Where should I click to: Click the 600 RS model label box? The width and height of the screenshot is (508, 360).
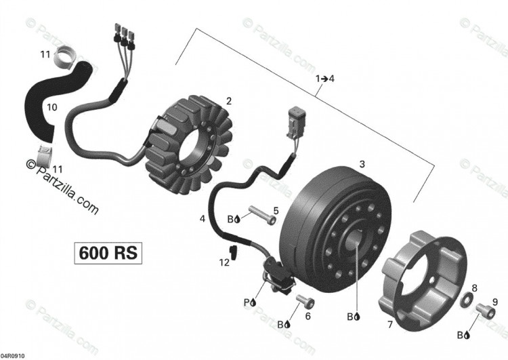(x=108, y=253)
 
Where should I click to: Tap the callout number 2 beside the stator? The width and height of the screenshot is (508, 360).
(x=229, y=102)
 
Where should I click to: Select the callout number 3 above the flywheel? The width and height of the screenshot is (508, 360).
(x=362, y=164)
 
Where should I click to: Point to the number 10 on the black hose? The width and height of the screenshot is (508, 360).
(x=52, y=107)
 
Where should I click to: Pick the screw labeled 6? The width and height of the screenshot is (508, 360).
(x=305, y=302)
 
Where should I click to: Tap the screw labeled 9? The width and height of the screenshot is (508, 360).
(x=486, y=311)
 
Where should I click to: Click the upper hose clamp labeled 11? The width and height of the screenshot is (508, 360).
(x=64, y=58)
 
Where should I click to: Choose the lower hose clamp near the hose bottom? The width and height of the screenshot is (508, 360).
(x=45, y=154)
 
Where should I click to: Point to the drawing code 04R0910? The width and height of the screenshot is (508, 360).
(x=12, y=356)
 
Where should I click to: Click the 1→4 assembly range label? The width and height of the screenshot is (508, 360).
(x=325, y=79)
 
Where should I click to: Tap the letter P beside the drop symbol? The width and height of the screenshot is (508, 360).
(x=247, y=302)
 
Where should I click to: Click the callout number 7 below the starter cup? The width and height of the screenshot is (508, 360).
(x=390, y=324)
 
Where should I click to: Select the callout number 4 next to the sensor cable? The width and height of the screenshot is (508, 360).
(x=203, y=219)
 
